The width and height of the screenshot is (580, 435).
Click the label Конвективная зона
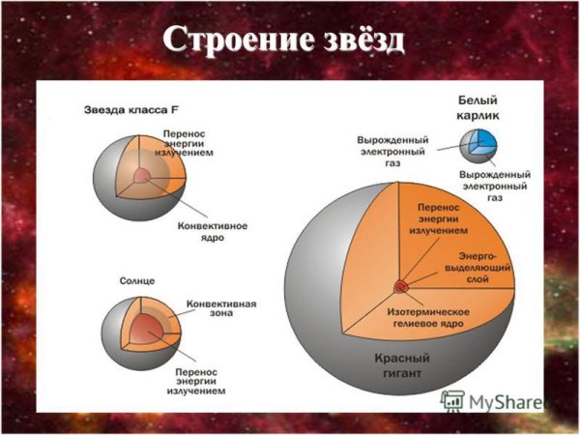[220, 308]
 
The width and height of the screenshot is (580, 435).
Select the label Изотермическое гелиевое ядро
[429, 319]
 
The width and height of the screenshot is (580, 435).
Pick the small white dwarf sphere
[478, 144]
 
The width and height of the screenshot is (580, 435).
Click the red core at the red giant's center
[400, 286]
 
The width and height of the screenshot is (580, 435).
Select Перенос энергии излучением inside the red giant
[441, 219]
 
